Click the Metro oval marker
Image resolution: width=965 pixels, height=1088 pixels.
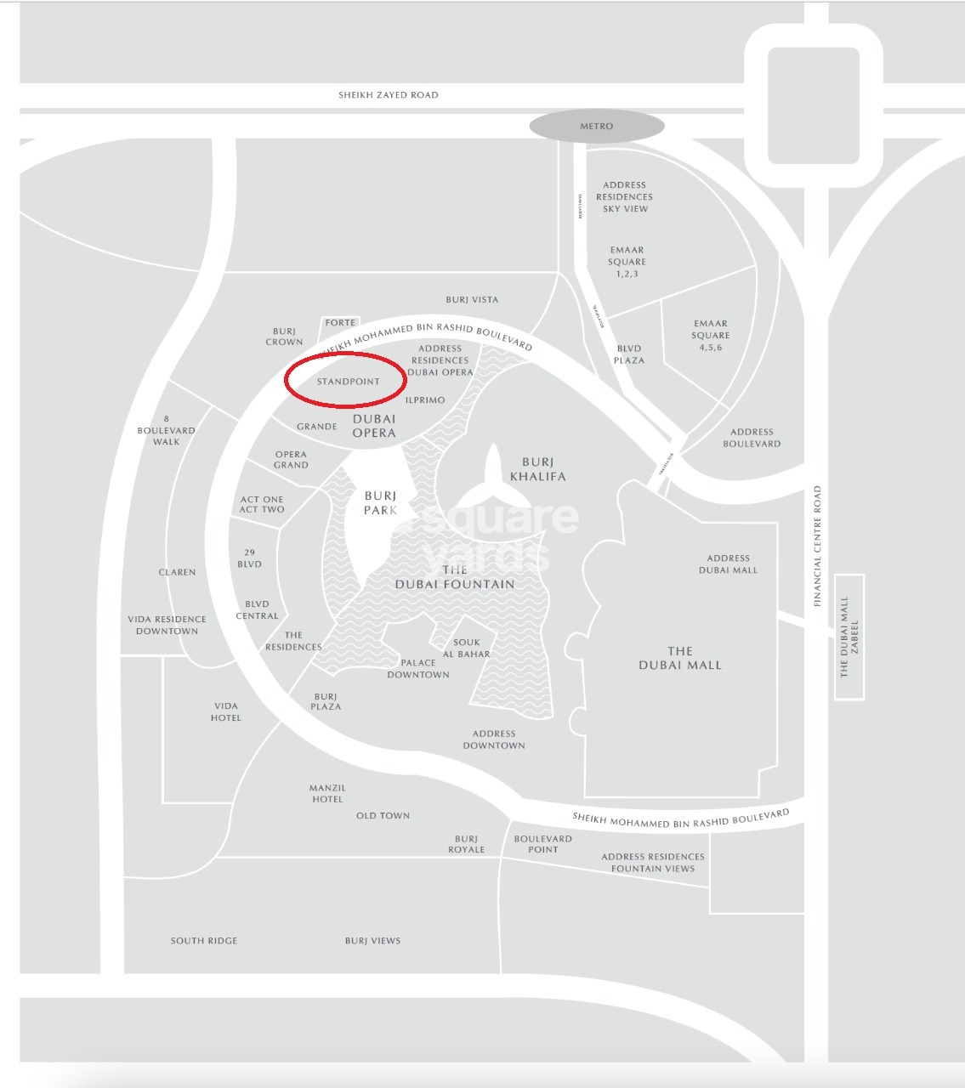[x=596, y=127]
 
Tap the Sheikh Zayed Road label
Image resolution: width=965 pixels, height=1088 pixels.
[x=389, y=95]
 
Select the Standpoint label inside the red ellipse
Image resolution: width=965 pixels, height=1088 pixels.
[x=348, y=382]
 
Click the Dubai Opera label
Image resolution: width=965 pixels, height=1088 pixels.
[x=374, y=426]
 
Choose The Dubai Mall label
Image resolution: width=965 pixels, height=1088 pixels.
[x=679, y=659]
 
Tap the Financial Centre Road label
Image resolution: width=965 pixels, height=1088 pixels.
[x=817, y=546]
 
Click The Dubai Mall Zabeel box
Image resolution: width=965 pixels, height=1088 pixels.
[x=849, y=637]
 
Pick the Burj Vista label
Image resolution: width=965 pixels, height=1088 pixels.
[x=472, y=300]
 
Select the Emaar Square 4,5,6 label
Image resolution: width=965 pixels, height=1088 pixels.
[x=710, y=335]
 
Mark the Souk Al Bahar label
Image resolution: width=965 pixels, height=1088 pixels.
[x=467, y=649]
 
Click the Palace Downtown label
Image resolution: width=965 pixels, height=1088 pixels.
[x=418, y=669]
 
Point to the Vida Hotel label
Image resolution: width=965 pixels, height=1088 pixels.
[x=226, y=711]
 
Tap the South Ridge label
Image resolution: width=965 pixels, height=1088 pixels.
[x=204, y=941]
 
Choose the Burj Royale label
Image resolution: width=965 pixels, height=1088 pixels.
[x=466, y=844]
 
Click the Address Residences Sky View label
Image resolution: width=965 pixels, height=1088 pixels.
[x=625, y=196]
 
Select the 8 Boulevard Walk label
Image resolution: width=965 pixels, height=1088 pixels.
[x=167, y=430]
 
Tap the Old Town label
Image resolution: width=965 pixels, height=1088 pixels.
[x=383, y=816]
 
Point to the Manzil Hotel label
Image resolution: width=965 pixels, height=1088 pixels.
[x=327, y=794]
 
